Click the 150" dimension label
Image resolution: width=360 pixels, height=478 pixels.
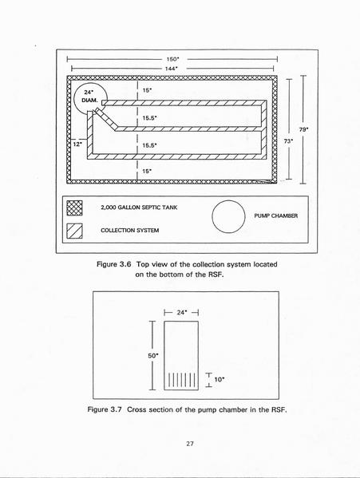[x=173, y=59]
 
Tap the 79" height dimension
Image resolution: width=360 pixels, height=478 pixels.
[x=303, y=129]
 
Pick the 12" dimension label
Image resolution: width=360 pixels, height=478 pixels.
[x=77, y=144]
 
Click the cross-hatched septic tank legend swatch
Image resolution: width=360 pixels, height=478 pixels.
[x=74, y=208]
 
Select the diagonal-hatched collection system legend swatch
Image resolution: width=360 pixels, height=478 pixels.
[x=74, y=231]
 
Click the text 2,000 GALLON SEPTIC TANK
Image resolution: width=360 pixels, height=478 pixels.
[x=139, y=207]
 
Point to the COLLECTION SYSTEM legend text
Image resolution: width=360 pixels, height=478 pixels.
[x=130, y=231]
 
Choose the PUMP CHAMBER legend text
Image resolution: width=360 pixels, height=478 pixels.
[x=276, y=215]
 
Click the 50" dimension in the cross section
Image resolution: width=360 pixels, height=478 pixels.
[x=153, y=356]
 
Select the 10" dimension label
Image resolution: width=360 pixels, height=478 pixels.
[x=220, y=380]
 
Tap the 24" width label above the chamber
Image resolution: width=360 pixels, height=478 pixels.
[x=182, y=313]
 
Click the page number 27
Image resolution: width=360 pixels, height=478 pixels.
[x=190, y=444]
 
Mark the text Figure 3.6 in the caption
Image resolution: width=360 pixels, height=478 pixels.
[x=114, y=264]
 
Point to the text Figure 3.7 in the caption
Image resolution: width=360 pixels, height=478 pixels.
[x=105, y=409]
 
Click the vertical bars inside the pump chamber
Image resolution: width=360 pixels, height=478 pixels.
[x=182, y=380]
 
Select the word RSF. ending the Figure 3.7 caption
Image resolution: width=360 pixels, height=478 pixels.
[x=279, y=409]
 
